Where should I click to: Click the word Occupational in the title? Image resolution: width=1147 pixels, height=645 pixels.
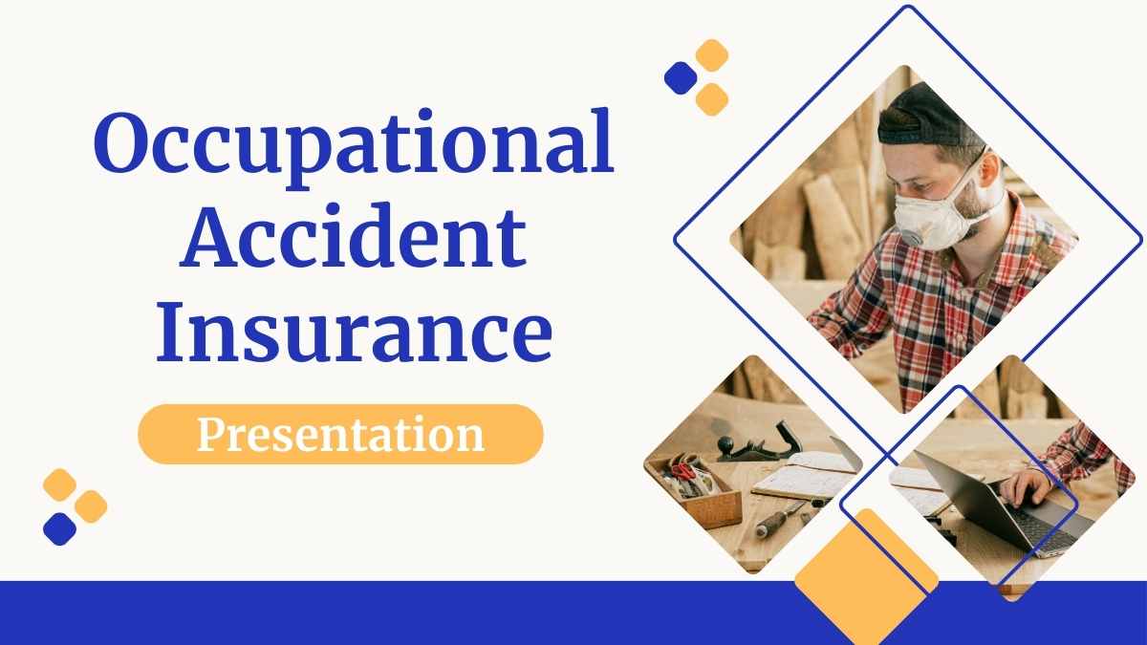(354, 148)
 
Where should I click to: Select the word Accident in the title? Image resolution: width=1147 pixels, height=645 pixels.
(353, 235)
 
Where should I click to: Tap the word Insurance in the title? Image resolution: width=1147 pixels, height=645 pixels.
(355, 332)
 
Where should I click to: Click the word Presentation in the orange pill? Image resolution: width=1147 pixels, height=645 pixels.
(340, 435)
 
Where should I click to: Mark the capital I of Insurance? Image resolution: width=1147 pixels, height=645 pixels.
(170, 332)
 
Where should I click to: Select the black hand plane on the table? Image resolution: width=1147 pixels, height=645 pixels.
(757, 444)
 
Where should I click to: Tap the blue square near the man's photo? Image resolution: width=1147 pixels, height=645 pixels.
(681, 77)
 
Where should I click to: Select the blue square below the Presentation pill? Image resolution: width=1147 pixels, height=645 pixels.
(60, 528)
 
